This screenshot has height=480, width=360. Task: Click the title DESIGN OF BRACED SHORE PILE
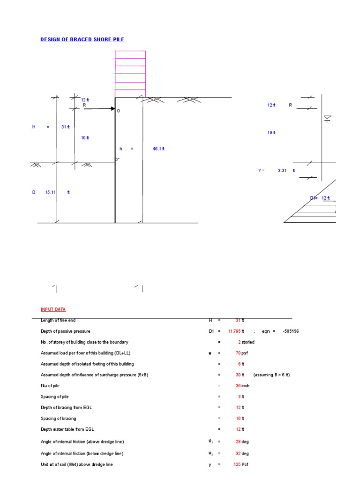(82, 39)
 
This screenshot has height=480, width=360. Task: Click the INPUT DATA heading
(53, 309)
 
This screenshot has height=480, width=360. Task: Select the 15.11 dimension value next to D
(51, 192)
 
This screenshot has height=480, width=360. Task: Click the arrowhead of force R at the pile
(112, 109)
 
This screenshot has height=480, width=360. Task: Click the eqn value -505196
(291, 331)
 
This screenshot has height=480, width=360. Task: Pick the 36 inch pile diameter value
(242, 386)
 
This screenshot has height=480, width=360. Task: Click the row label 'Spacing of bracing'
(59, 418)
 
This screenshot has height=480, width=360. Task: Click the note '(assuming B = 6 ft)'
(271, 375)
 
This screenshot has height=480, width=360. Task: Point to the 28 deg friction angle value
(242, 442)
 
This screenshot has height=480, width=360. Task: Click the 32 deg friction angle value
(242, 454)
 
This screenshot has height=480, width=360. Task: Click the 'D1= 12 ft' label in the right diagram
(320, 198)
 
